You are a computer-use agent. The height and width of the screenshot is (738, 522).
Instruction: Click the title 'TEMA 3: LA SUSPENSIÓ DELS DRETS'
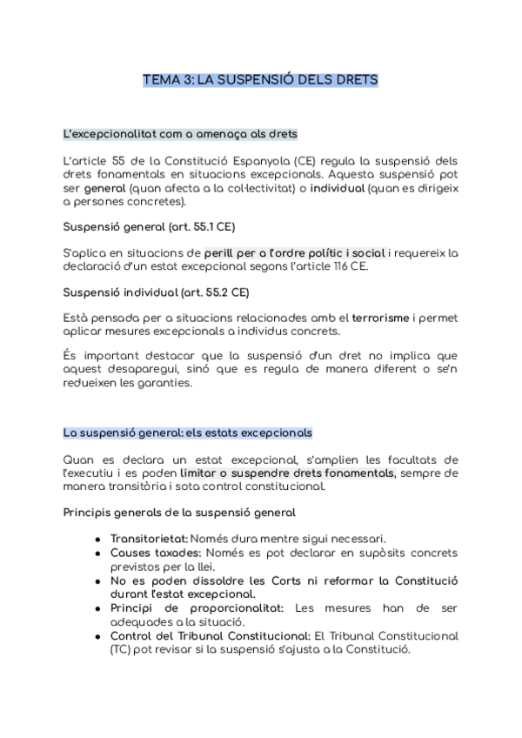click(x=260, y=80)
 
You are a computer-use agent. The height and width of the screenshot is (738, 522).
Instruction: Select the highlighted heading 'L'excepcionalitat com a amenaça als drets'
click(x=180, y=134)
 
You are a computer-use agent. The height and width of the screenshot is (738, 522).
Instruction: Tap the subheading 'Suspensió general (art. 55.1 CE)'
click(x=149, y=227)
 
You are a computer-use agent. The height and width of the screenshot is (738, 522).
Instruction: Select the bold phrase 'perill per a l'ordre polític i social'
click(x=295, y=253)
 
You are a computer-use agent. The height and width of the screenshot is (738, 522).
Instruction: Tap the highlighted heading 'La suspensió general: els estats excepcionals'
click(x=188, y=433)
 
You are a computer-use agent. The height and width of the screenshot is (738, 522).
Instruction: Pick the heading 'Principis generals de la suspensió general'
click(x=179, y=513)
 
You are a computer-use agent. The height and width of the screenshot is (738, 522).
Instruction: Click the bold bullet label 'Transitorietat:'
click(x=149, y=539)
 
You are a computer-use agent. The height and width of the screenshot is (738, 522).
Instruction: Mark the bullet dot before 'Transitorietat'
click(x=97, y=540)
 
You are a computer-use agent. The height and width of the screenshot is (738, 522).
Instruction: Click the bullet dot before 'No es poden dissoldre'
click(x=97, y=580)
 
